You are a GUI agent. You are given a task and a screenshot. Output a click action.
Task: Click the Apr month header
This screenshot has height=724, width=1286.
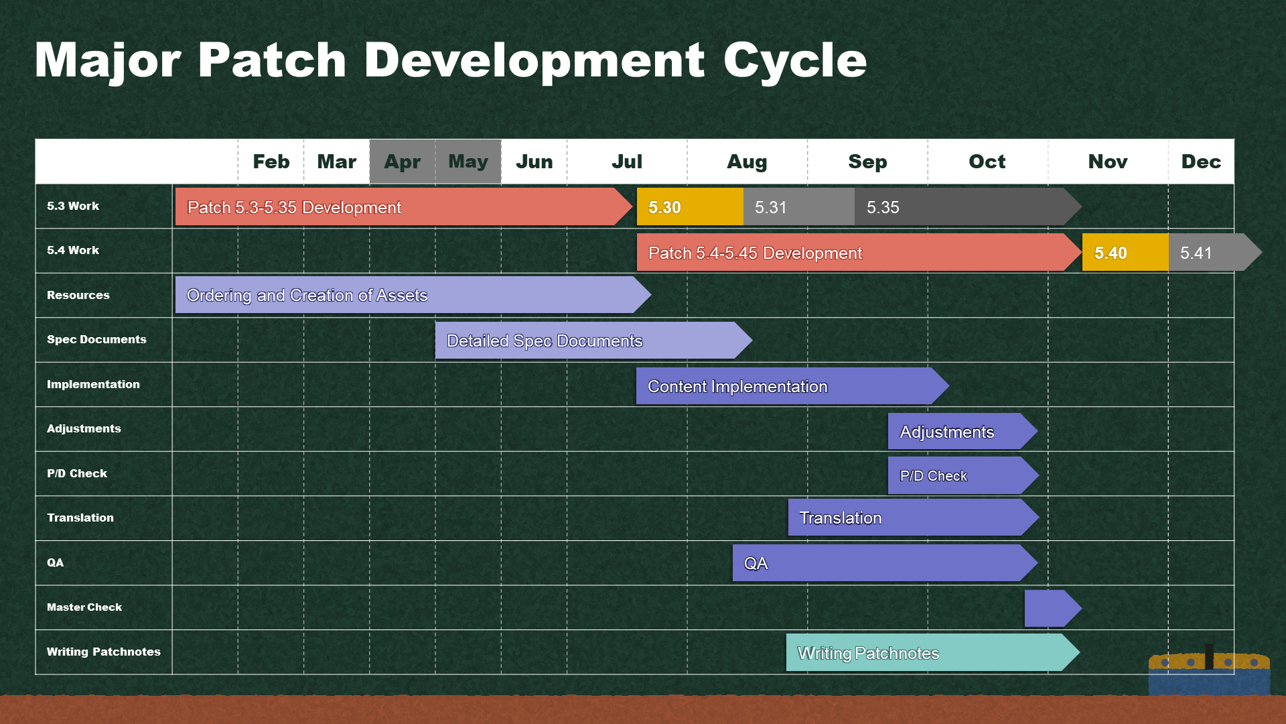(403, 162)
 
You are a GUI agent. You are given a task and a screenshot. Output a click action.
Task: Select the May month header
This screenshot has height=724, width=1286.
(468, 162)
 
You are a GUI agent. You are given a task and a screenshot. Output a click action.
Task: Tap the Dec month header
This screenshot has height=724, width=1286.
(1201, 162)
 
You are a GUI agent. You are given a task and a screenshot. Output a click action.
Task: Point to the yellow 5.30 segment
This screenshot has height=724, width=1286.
(690, 206)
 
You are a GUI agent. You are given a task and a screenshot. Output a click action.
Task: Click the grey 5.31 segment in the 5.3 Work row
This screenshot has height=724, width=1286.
(799, 206)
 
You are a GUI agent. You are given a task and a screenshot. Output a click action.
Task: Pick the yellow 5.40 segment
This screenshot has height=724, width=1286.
(1125, 252)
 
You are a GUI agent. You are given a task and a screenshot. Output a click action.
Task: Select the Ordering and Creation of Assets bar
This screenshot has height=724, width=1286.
(413, 295)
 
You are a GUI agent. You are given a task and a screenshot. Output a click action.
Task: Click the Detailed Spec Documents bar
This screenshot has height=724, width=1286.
(593, 341)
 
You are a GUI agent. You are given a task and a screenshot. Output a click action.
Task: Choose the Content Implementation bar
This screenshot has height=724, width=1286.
(792, 385)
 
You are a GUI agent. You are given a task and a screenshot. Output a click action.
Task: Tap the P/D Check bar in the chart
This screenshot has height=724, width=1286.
(963, 475)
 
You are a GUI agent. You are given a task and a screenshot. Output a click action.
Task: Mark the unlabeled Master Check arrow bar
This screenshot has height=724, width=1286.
(1053, 609)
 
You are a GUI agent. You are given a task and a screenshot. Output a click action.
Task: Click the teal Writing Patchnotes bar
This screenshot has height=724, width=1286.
(932, 652)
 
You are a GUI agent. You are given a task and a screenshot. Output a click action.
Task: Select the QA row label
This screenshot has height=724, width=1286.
(56, 562)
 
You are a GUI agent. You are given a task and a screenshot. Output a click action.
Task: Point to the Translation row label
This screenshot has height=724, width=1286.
(80, 518)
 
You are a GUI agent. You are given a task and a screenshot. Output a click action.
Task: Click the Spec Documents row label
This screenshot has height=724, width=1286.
(96, 339)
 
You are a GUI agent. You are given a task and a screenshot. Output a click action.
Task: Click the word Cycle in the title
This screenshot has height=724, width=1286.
(795, 60)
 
